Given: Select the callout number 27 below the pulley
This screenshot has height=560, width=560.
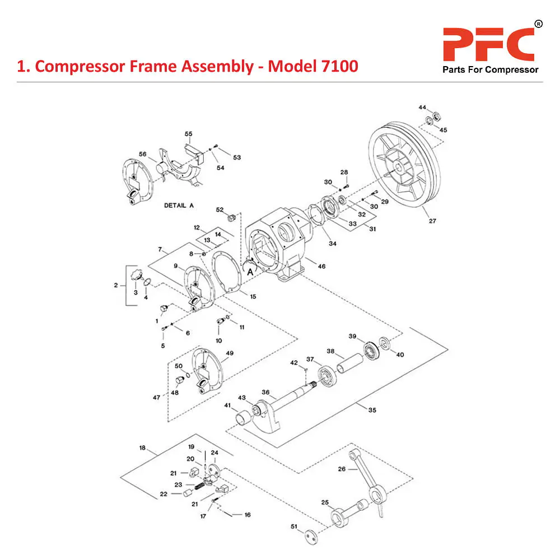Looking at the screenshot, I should click(432, 221).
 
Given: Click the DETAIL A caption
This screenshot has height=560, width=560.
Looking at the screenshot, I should click(179, 206).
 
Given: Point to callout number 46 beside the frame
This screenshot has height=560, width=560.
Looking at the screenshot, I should click(321, 267).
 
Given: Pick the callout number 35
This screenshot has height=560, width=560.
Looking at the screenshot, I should click(372, 410).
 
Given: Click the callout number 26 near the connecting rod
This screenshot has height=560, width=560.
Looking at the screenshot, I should click(342, 469).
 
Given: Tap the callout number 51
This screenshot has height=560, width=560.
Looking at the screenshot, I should click(294, 526).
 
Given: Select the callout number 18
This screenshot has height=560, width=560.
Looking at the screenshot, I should click(142, 448).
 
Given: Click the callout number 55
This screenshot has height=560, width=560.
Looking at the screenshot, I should click(189, 134).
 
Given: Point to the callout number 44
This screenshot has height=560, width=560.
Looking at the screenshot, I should click(422, 107).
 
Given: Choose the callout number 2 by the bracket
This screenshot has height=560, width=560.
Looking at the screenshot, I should click(116, 285).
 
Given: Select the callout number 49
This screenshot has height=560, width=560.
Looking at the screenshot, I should click(229, 353).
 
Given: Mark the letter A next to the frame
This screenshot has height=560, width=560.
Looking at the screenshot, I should click(250, 270).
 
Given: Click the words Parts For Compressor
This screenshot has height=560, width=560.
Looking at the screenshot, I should click(491, 70).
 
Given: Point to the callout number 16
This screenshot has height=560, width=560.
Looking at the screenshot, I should click(248, 515).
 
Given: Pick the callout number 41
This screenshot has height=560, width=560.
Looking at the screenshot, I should click(228, 405).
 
